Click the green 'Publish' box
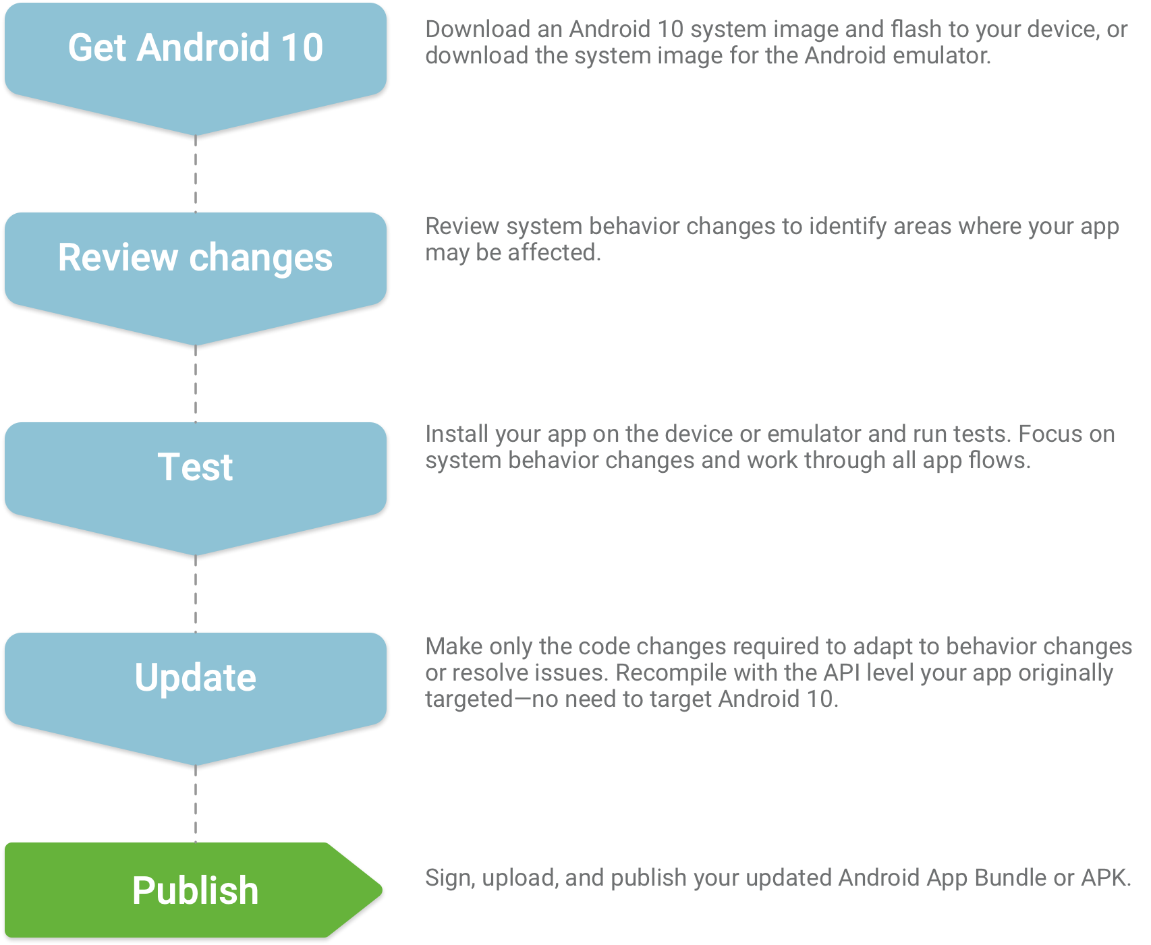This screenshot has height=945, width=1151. click(x=196, y=890)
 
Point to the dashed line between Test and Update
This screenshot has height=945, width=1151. click(x=196, y=594)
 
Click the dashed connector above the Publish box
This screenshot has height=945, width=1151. click(x=196, y=803)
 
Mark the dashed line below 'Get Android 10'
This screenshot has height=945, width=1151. click(x=196, y=173)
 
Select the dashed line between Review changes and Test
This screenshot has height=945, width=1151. click(x=196, y=383)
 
